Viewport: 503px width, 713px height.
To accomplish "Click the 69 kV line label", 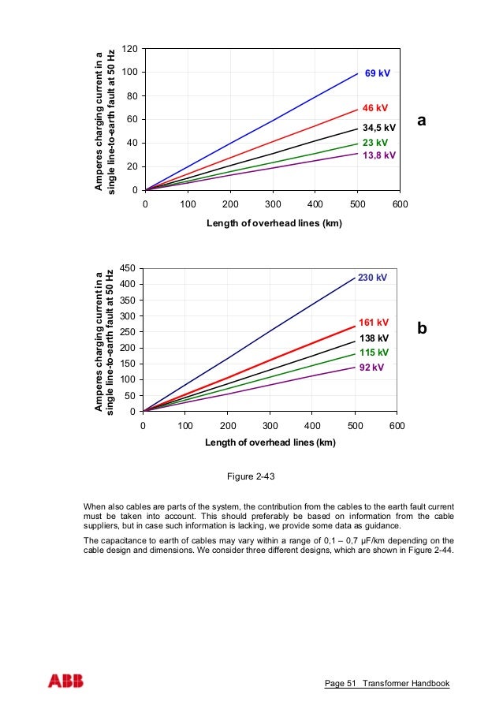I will pos(377,73).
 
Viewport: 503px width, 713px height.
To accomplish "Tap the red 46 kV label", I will pos(375,107).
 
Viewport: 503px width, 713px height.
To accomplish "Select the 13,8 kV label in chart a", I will pos(378,155).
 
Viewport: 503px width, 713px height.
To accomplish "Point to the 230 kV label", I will pos(373,278).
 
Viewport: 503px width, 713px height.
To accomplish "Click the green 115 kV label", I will pos(374,353).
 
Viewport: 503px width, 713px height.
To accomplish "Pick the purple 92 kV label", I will pos(371,368).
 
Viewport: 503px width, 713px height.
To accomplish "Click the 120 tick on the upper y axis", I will pos(130,49).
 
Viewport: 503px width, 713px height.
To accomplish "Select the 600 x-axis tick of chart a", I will pos(400,204).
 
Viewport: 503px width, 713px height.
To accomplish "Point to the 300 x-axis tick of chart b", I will pos(270,426).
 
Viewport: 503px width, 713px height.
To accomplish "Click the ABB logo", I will pos(65,681).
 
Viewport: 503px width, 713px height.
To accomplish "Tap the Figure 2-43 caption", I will pos(250,476).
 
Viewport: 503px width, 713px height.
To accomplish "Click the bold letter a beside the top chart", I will pos(422,121).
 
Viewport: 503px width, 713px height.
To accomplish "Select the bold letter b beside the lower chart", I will pos(422,328).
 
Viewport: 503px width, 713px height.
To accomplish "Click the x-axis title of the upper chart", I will pos(274,223).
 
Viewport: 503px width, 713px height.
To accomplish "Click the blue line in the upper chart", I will pos(252,131).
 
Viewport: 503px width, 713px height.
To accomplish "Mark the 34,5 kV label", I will pos(379,127).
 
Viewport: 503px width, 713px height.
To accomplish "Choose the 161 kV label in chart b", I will pos(374,323).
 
